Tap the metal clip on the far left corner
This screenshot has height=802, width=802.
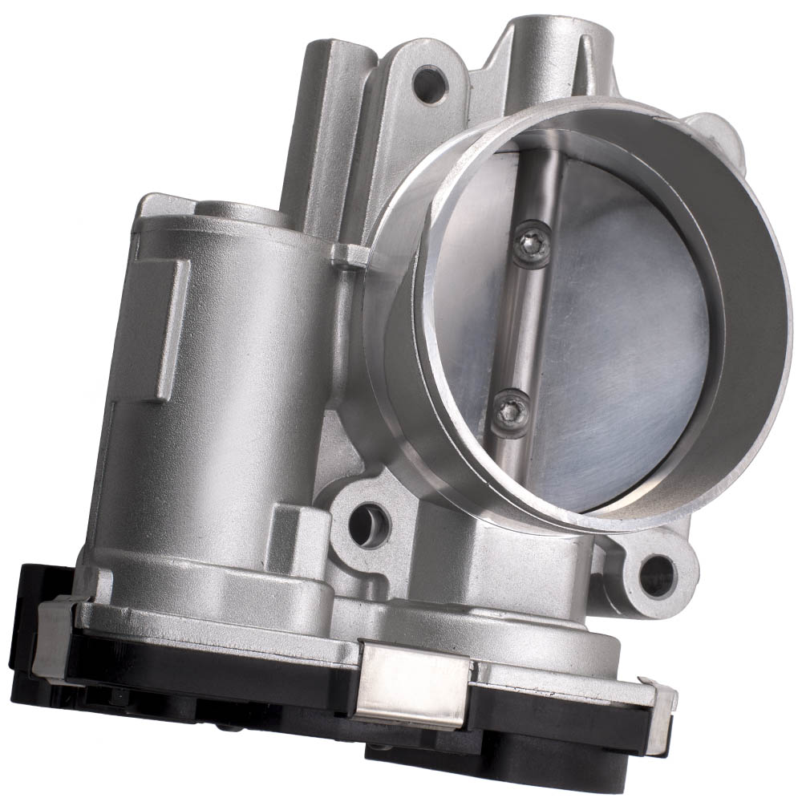pos(56,634)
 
